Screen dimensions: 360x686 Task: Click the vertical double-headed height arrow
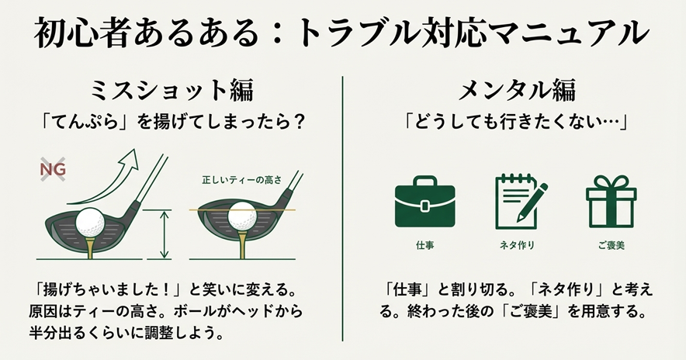pyautogui.click(x=165, y=234)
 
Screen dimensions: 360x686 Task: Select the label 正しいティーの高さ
pyautogui.click(x=242, y=180)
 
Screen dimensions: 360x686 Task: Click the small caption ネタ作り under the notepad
pyautogui.click(x=517, y=245)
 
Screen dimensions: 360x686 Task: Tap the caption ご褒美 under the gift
pyautogui.click(x=611, y=245)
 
